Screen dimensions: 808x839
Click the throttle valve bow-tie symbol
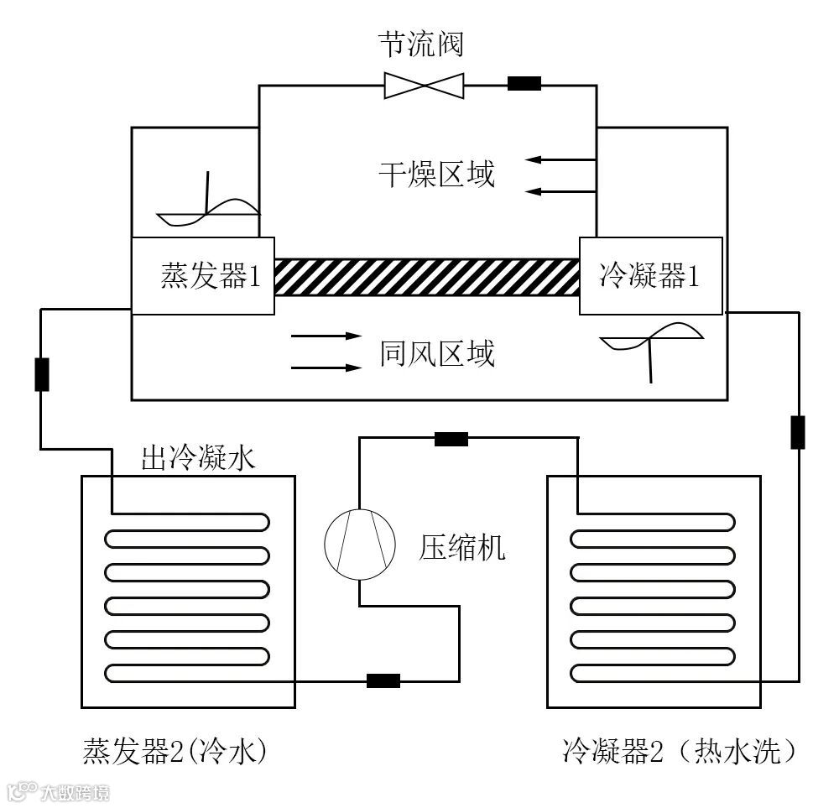tap(424, 85)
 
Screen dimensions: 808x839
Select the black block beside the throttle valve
tap(524, 83)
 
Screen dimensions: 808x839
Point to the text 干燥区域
tap(436, 175)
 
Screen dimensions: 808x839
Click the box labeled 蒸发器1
tap(203, 276)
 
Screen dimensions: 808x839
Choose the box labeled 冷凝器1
tap(650, 275)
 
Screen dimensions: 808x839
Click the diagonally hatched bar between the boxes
tap(427, 277)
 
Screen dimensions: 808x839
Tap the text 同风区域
tap(436, 353)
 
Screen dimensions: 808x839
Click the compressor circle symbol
tap(360, 545)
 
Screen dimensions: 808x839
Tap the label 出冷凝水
tap(197, 458)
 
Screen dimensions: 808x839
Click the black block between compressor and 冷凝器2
tap(451, 438)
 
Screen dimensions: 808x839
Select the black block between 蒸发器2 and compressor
tap(383, 680)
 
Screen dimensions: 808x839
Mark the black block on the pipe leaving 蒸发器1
tap(41, 374)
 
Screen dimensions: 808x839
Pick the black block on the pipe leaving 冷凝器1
tap(797, 431)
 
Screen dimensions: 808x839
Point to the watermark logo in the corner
tap(57, 791)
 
